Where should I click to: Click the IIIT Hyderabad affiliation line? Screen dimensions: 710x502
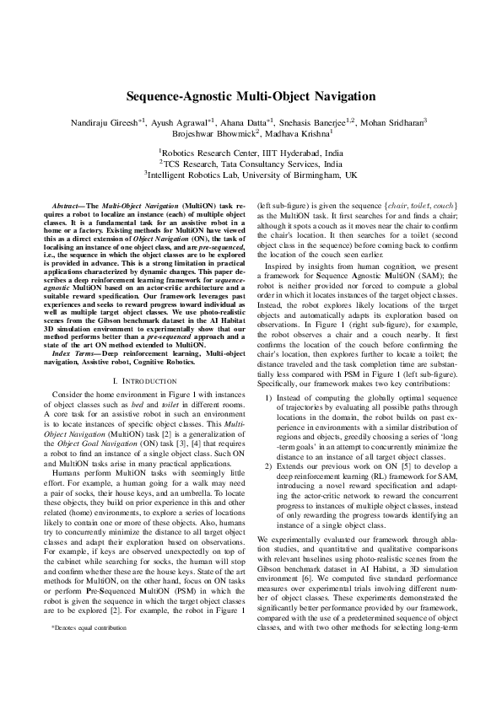pos(251,152)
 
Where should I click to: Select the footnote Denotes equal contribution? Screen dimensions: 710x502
pos(85,627)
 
